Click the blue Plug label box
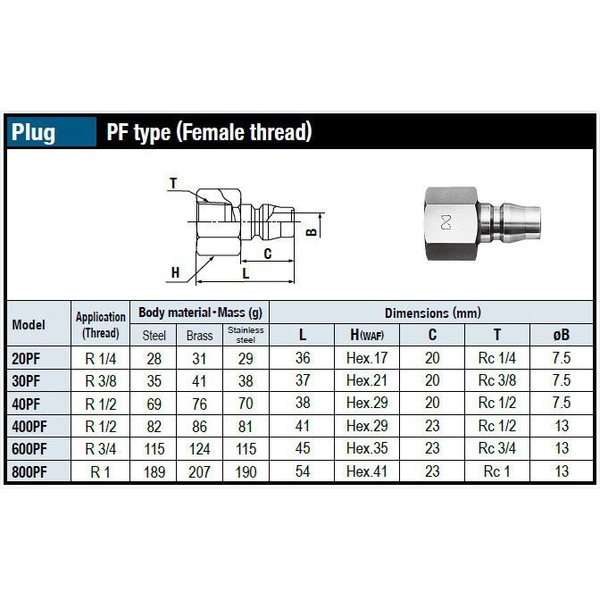[52, 131]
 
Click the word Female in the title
[209, 131]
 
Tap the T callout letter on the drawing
[173, 183]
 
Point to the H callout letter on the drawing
[175, 272]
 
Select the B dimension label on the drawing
[312, 232]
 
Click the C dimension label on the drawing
[268, 254]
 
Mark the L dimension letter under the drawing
[246, 273]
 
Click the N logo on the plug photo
[446, 222]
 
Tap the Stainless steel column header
[246, 335]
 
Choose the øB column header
[562, 335]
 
